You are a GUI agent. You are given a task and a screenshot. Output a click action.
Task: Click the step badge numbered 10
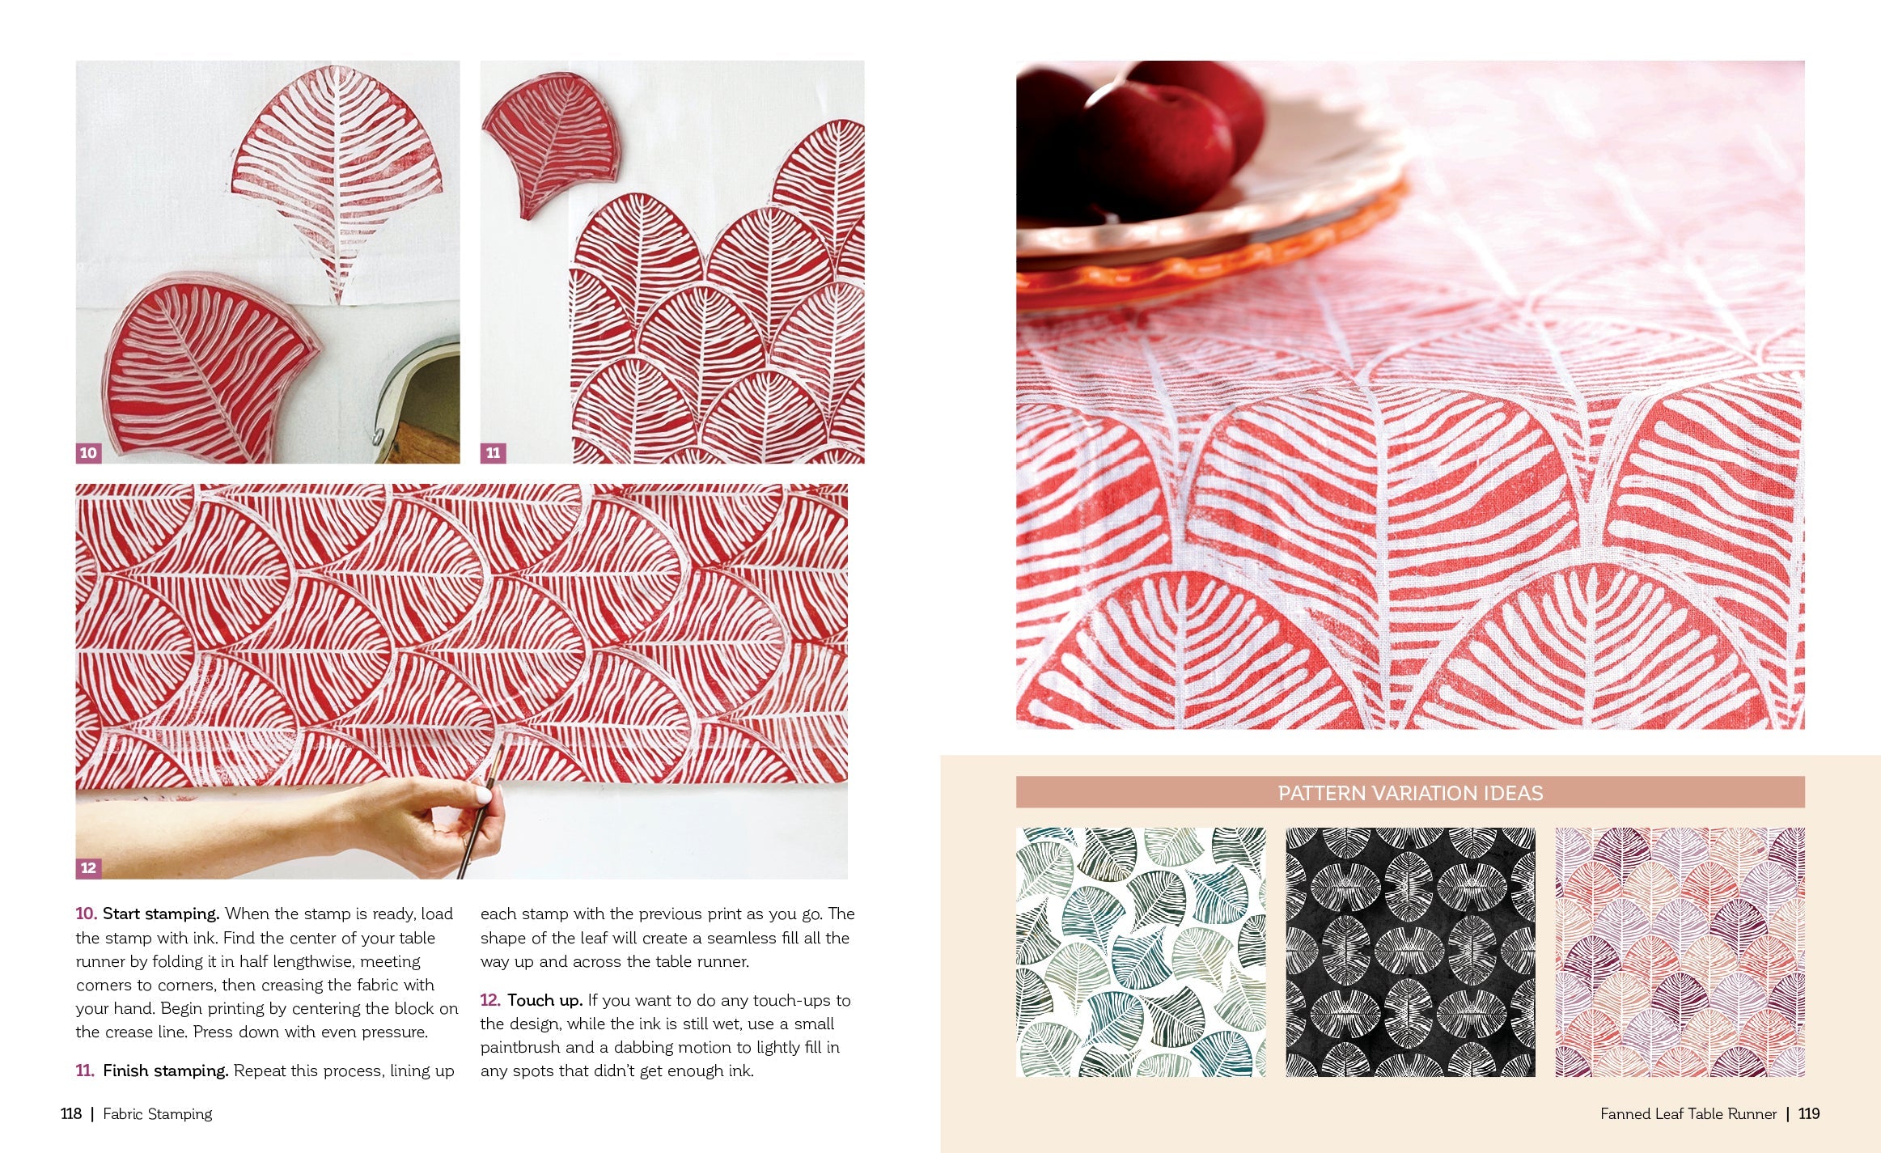(x=88, y=453)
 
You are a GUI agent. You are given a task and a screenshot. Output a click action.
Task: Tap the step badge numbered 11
(x=494, y=453)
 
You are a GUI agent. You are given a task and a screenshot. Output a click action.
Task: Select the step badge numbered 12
(x=88, y=868)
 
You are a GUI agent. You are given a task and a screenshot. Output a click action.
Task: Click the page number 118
(x=71, y=1113)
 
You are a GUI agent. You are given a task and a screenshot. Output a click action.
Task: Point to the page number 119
(x=1809, y=1113)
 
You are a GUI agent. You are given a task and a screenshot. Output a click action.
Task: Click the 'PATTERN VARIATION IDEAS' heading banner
(x=1410, y=792)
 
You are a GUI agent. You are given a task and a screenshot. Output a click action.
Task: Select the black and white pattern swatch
(x=1410, y=952)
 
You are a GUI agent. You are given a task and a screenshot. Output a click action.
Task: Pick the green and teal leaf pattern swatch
(x=1141, y=952)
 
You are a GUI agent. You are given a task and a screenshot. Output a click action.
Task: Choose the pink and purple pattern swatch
(x=1680, y=952)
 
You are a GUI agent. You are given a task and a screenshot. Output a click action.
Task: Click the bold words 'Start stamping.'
(x=161, y=913)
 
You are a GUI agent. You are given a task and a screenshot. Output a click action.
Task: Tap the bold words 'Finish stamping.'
(x=166, y=1070)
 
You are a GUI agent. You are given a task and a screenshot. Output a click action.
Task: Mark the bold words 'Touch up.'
(x=544, y=1000)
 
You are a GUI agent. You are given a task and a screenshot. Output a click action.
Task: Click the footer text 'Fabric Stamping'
(x=158, y=1113)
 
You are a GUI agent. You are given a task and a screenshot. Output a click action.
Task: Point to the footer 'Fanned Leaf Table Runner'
(x=1688, y=1113)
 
